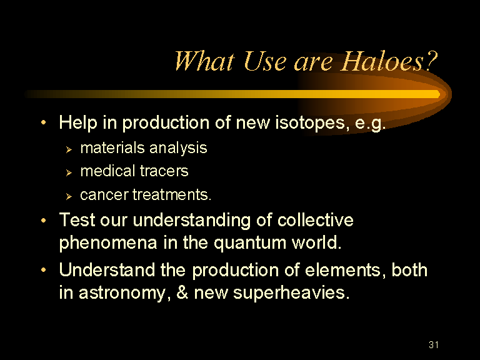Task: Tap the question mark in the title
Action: pos(431,61)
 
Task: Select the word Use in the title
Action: pos(265,61)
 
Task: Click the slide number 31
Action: pos(434,345)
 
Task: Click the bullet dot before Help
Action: pos(44,122)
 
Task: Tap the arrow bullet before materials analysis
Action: pos(69,149)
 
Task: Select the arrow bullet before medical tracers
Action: pos(69,172)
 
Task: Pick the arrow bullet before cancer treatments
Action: pos(69,196)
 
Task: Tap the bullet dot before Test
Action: pos(44,220)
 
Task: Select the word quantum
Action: pos(251,243)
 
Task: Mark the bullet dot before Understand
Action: pos(44,270)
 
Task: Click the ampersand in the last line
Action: pos(182,292)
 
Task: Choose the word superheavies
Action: pos(291,293)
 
